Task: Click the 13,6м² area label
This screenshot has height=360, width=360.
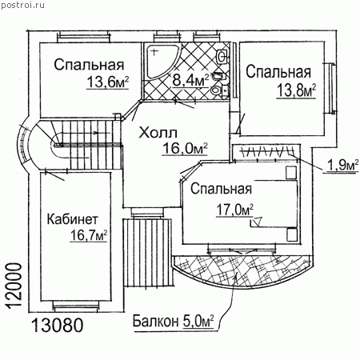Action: tap(107, 82)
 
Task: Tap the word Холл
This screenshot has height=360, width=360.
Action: tap(158, 133)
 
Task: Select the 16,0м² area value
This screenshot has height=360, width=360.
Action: tap(185, 148)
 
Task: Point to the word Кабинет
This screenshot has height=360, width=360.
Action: tap(73, 219)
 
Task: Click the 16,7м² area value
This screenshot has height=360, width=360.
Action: tap(89, 235)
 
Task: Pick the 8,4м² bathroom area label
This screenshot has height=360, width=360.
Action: tap(190, 80)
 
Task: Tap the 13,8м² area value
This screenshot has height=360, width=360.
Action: tap(296, 90)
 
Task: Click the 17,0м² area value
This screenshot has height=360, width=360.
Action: tap(234, 210)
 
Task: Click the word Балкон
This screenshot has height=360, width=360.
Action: tap(156, 321)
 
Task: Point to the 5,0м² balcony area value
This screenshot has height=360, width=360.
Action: tap(198, 321)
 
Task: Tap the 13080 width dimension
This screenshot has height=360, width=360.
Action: tap(58, 326)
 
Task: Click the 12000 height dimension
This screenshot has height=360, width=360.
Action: tap(14, 286)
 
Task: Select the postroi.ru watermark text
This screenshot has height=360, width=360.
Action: tap(23, 6)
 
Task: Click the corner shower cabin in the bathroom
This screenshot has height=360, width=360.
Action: tap(162, 62)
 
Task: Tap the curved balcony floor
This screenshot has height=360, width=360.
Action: tap(242, 270)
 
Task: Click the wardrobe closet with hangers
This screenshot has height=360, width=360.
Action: tap(266, 153)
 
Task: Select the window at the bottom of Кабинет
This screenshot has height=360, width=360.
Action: tap(76, 306)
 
